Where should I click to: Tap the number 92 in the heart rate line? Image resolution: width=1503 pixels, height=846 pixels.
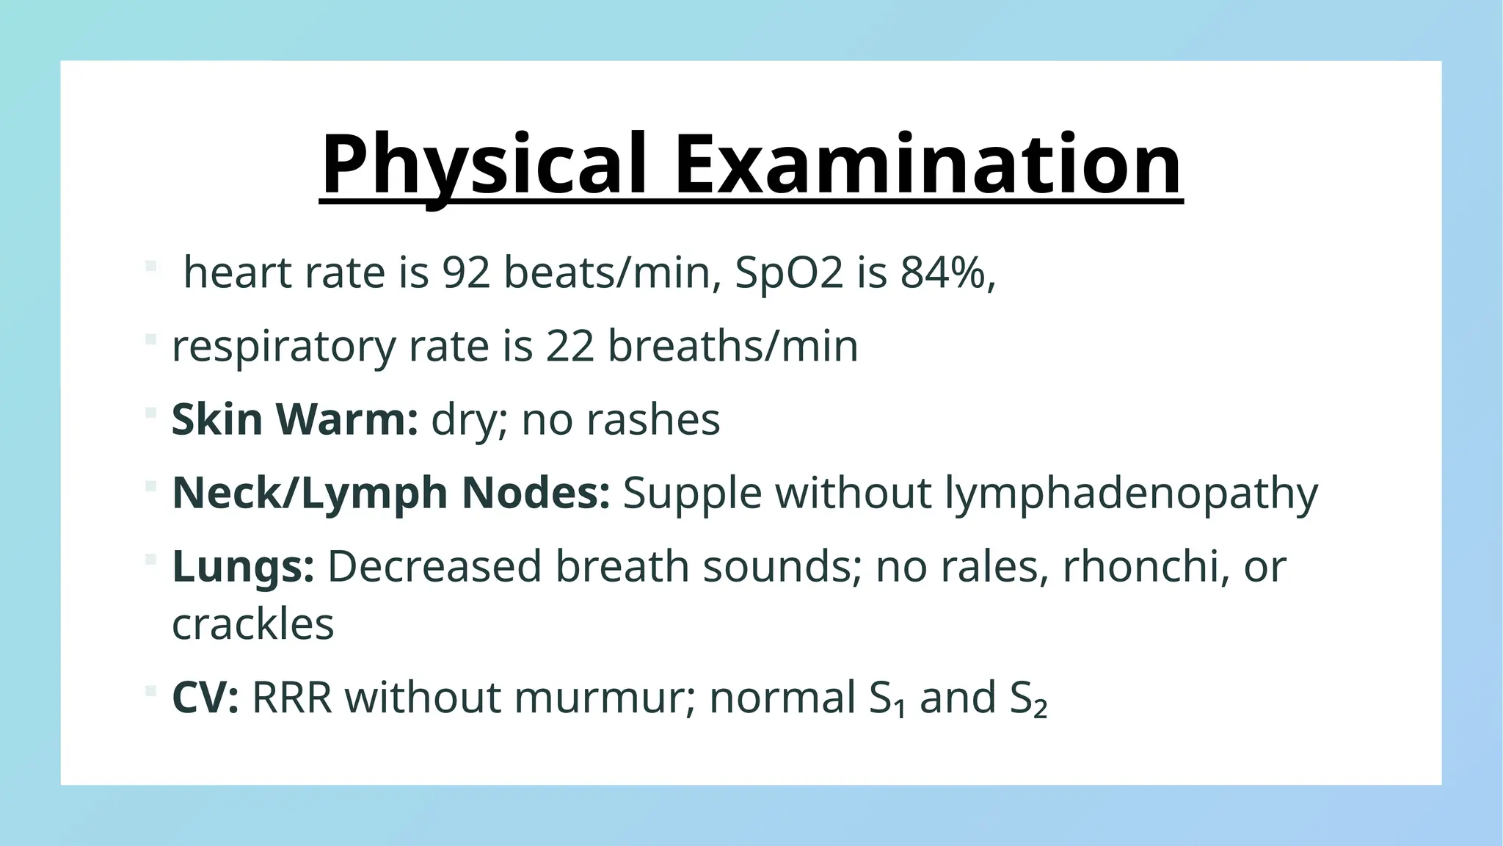(466, 272)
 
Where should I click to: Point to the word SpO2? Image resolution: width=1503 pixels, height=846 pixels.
(789, 272)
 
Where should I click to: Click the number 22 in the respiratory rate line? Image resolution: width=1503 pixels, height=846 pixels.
(569, 346)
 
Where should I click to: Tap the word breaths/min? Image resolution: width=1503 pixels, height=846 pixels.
(733, 346)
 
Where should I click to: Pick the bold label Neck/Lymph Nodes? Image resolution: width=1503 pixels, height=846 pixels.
(390, 493)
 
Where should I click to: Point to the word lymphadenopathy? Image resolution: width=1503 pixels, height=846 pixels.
(1131, 493)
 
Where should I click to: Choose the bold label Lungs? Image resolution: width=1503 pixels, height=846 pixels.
(243, 566)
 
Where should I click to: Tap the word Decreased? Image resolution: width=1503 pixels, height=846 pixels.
(434, 566)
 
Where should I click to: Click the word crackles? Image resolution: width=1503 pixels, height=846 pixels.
(252, 624)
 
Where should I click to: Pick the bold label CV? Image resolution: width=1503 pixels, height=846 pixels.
(205, 697)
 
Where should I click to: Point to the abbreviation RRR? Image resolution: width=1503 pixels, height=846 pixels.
(291, 697)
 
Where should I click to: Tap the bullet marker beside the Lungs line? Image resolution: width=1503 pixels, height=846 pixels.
(151, 560)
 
